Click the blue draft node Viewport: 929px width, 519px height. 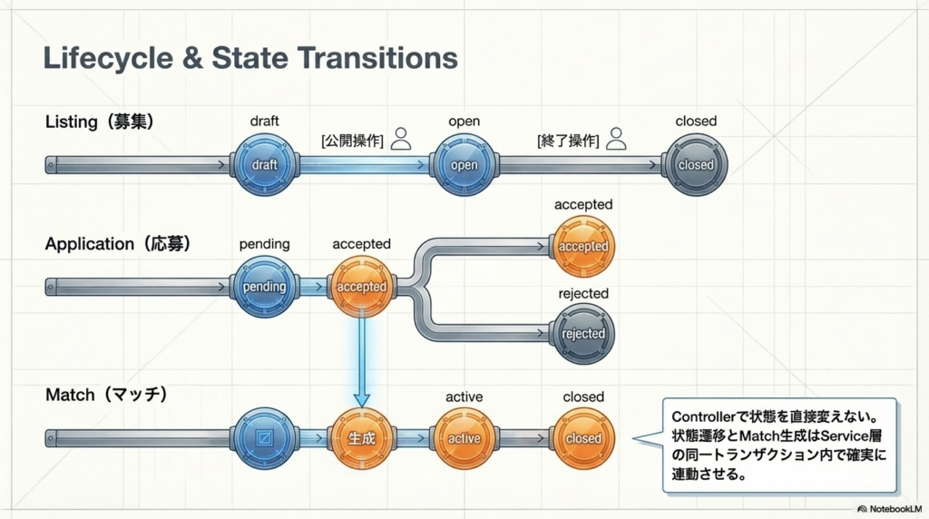pyautogui.click(x=265, y=165)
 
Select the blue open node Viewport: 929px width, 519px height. pyautogui.click(x=464, y=165)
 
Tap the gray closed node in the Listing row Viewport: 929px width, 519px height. pyautogui.click(x=696, y=165)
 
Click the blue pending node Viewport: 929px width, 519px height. pyautogui.click(x=265, y=287)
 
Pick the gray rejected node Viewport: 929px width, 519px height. pyautogui.click(x=583, y=333)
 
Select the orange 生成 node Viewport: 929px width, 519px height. pyautogui.click(x=361, y=438)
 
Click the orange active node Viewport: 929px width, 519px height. pyautogui.click(x=464, y=438)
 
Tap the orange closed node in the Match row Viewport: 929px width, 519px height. pyautogui.click(x=583, y=438)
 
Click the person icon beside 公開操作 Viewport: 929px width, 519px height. pyautogui.click(x=401, y=139)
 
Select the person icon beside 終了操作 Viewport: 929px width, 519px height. pyautogui.click(x=617, y=139)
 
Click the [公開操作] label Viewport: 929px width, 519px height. pyautogui.click(x=352, y=141)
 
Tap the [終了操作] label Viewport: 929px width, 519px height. pyautogui.click(x=568, y=141)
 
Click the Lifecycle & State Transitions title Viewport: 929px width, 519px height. pyautogui.click(x=250, y=58)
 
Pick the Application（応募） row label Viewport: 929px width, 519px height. pyautogui.click(x=118, y=244)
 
